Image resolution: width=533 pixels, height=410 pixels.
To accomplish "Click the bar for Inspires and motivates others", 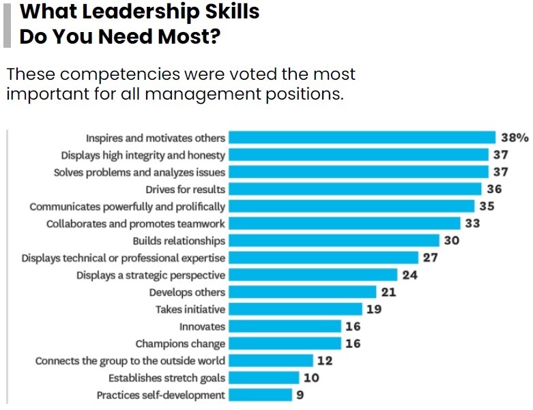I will click(x=362, y=137).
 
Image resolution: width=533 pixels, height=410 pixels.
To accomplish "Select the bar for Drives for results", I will click(x=355, y=189).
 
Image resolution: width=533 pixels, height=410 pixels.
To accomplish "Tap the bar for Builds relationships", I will click(x=333, y=240).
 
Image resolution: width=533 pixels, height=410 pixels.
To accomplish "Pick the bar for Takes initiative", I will click(x=294, y=309).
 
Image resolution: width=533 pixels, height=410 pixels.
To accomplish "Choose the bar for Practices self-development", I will click(x=259, y=395).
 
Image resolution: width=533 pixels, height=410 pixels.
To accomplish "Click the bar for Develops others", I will click(x=301, y=292).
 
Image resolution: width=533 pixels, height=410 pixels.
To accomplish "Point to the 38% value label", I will click(x=515, y=137).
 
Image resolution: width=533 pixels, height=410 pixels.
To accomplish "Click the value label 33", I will click(x=472, y=223).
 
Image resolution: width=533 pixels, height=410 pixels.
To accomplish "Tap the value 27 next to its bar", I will click(x=430, y=258).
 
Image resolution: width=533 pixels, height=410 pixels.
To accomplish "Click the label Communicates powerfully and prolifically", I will click(x=128, y=206).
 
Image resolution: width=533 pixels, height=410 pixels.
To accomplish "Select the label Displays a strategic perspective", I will click(x=151, y=275).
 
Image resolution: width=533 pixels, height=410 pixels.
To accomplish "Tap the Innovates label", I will click(x=202, y=327).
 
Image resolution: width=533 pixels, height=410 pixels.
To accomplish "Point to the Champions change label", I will click(x=180, y=344).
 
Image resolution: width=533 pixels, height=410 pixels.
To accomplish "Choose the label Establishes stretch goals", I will click(x=167, y=378).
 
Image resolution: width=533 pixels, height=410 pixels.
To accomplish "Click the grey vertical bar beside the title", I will click(x=7, y=24).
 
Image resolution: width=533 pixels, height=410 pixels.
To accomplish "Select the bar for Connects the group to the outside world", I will click(x=270, y=361).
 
